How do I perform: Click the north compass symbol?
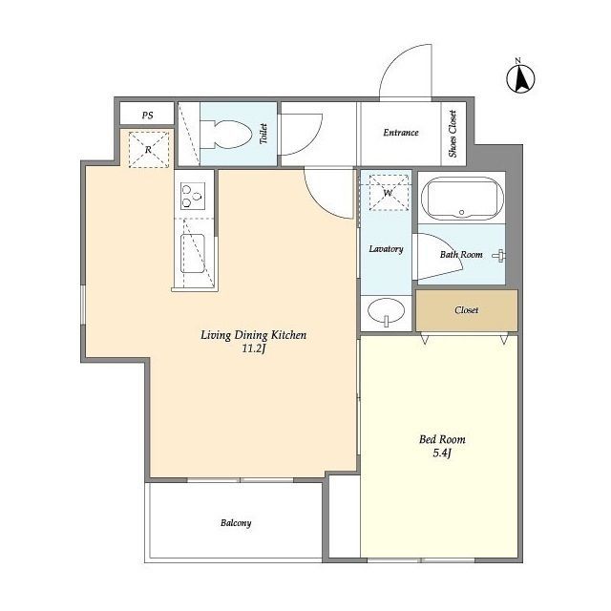[x=520, y=78]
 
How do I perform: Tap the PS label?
[x=148, y=116]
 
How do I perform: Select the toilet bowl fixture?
[x=226, y=135]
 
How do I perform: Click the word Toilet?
[x=263, y=134]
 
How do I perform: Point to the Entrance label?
[x=401, y=133]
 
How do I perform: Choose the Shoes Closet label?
[x=453, y=134]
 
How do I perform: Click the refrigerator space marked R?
[x=149, y=150]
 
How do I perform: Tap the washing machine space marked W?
[x=389, y=193]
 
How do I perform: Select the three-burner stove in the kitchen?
[x=193, y=196]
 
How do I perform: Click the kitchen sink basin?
[x=193, y=253]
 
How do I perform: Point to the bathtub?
[x=462, y=199]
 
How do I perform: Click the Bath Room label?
[x=461, y=255]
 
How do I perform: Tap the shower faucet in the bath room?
[x=499, y=256]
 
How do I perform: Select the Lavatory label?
[x=386, y=248]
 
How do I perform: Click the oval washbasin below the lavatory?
[x=386, y=311]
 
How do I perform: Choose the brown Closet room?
[x=467, y=310]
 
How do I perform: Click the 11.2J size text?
[x=254, y=348]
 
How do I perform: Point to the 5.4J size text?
[x=442, y=453]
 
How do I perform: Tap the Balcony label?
[x=236, y=523]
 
